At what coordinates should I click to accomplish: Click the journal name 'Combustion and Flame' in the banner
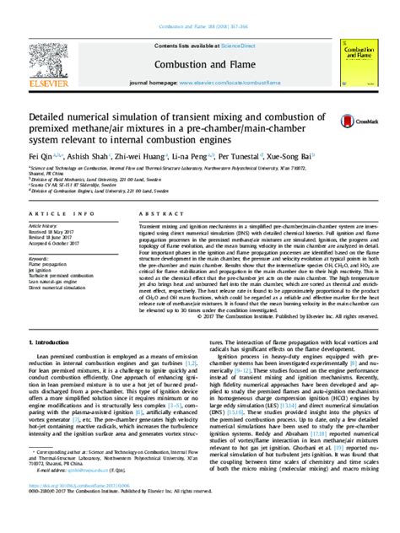pos(199,65)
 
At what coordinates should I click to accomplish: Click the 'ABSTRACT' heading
pos(154,216)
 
